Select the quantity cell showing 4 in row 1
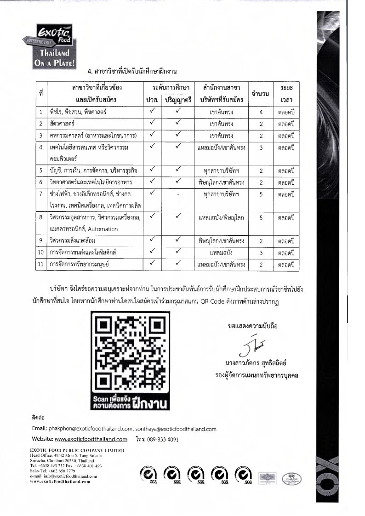coord(261,112)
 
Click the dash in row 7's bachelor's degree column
coord(177,194)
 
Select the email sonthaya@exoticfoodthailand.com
coord(176,429)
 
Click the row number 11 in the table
coord(41,264)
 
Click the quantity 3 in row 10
coord(261,252)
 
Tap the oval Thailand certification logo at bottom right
coord(292,478)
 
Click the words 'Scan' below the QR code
coord(102,398)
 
